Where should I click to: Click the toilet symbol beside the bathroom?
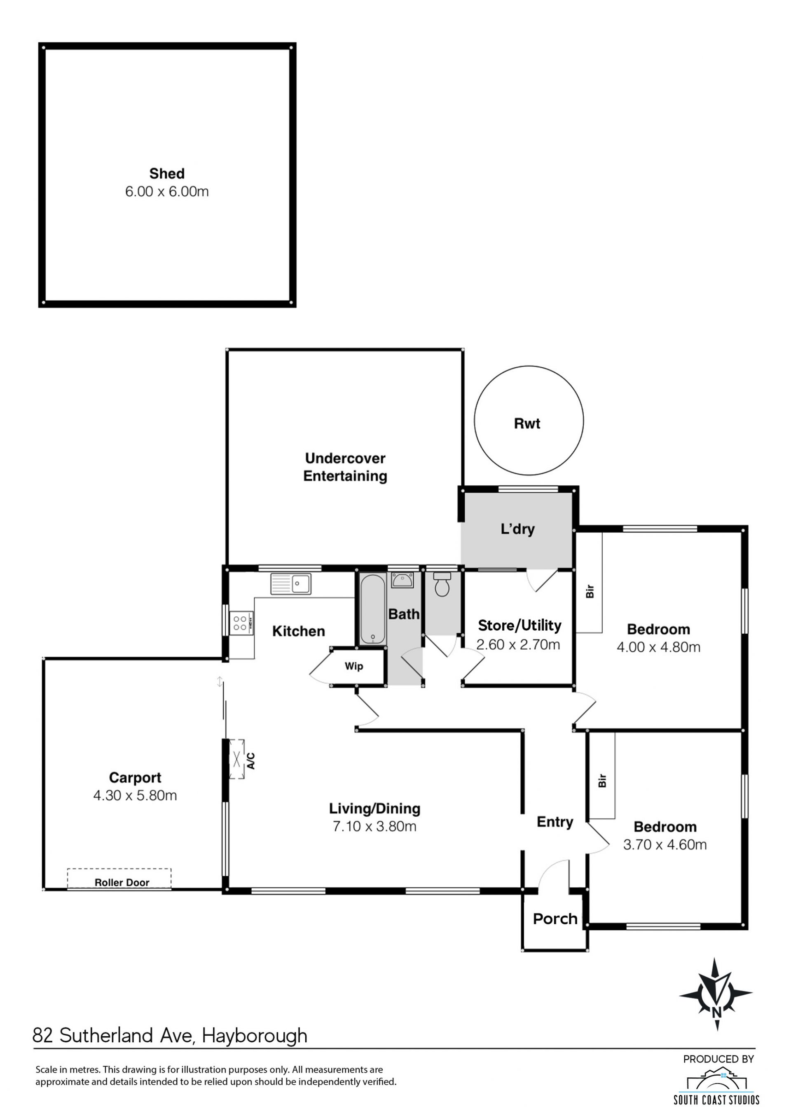pos(442,585)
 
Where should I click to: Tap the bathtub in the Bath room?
pos(373,609)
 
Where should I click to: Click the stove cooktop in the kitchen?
pos(241,623)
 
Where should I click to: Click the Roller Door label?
pos(122,882)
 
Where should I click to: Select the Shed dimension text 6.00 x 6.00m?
pos(167,192)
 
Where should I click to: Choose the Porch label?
pos(555,919)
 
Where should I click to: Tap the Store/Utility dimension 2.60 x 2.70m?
pos(518,645)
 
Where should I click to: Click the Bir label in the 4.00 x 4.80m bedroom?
pos(590,592)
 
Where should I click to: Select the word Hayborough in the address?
pos(255,1035)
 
